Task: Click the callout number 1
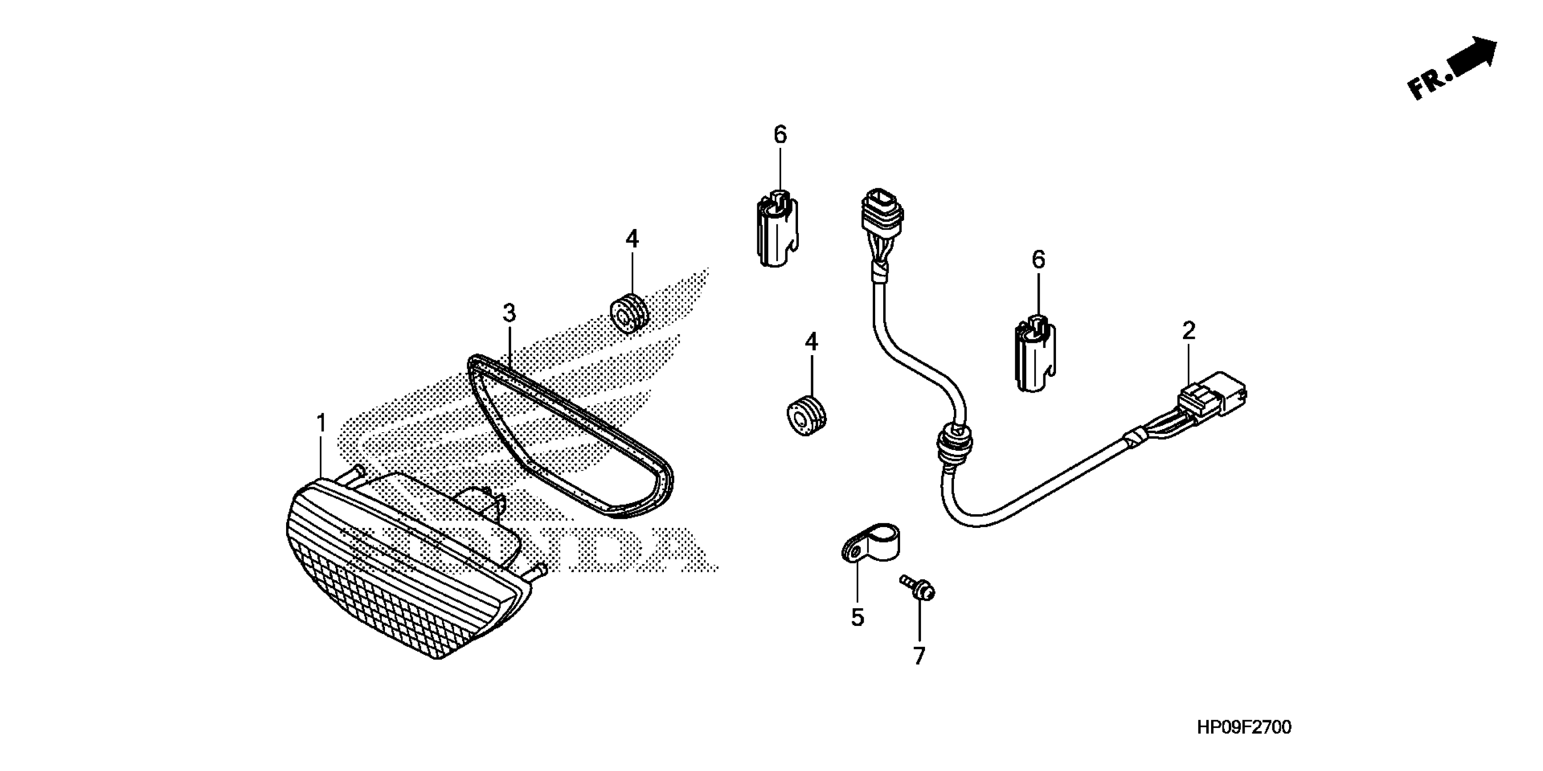pyautogui.click(x=321, y=424)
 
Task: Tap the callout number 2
pyautogui.click(x=1189, y=331)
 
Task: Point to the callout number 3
pyautogui.click(x=509, y=313)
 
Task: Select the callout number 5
pyautogui.click(x=858, y=618)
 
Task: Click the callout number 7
pyautogui.click(x=920, y=655)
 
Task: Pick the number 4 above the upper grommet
pyautogui.click(x=633, y=239)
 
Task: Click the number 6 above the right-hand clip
pyautogui.click(x=1039, y=260)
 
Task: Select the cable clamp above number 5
pyautogui.click(x=871, y=542)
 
